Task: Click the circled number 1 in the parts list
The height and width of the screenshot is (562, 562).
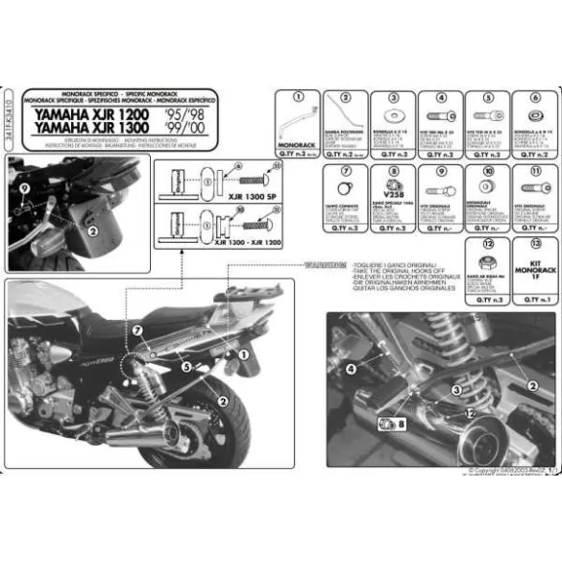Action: (x=299, y=97)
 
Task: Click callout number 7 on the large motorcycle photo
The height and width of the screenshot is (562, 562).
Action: (x=136, y=330)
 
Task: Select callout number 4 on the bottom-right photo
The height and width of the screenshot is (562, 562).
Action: (x=352, y=367)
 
